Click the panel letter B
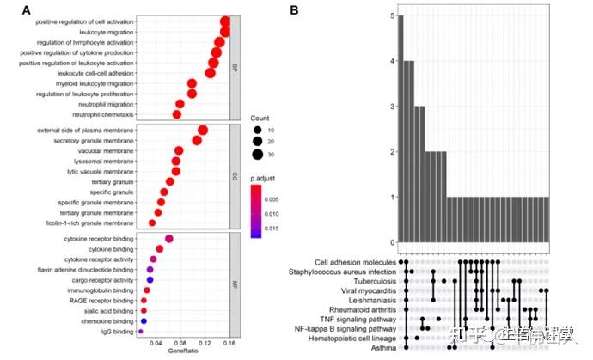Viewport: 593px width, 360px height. [295, 11]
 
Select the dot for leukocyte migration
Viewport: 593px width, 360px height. [224, 32]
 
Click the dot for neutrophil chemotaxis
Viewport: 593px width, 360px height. [177, 113]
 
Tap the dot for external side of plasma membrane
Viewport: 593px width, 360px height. [203, 130]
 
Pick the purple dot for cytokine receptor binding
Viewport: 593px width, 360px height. [169, 238]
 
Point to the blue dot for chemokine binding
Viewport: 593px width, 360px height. [144, 320]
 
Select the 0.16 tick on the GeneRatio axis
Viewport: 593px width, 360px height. [228, 343]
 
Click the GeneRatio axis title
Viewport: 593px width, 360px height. [182, 351]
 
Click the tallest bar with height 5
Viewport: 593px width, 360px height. [400, 129]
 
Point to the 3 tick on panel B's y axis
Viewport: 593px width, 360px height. [391, 107]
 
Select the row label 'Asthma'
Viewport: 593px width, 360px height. [382, 349]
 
